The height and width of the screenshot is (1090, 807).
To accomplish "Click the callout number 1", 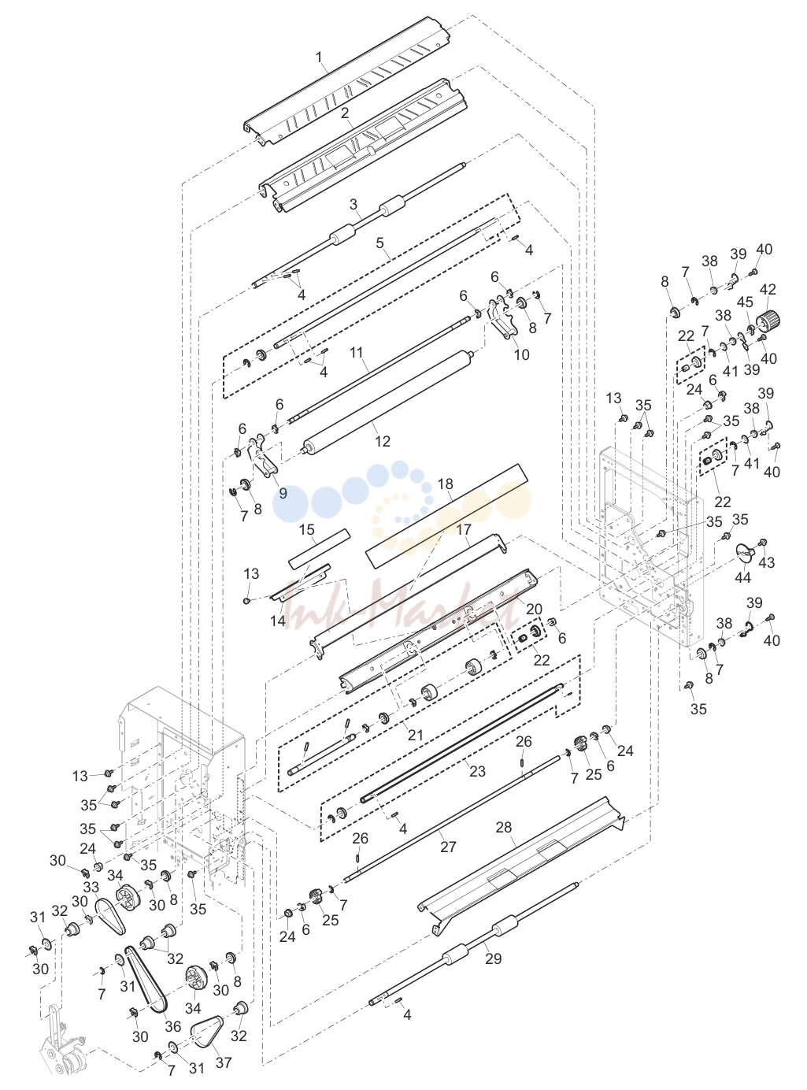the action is point(320,57).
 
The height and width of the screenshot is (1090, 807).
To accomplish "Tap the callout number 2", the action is point(345,113).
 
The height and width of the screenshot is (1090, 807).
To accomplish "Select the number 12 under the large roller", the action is point(383,441).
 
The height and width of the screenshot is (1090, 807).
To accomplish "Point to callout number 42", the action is point(768,289).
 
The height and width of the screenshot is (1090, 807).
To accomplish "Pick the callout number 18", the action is point(446,484).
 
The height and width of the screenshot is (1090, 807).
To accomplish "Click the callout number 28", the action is point(504,827).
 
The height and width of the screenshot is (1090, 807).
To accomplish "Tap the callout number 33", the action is point(91,888).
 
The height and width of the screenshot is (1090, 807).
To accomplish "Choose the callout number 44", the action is point(742,577).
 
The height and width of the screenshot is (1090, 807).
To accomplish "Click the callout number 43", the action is point(766,562).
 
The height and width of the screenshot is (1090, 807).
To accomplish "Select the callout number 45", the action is point(745,302).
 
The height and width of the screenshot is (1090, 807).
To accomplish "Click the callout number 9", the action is point(283,492).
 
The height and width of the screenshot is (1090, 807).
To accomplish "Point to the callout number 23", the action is point(477,770).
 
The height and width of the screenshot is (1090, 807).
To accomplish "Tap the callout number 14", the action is point(278,621).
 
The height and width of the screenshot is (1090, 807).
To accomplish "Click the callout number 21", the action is point(416,735).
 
